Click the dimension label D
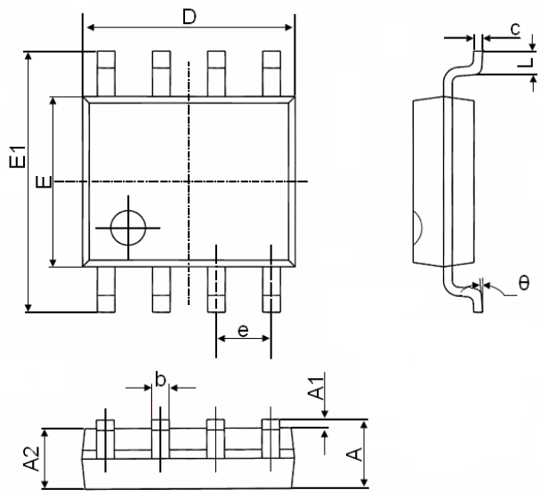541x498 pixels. [189, 17]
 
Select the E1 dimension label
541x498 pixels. [18, 157]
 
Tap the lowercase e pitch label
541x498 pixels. [243, 331]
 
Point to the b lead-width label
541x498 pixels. [160, 380]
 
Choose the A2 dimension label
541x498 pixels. [31, 459]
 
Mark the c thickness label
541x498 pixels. [515, 29]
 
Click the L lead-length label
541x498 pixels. [527, 63]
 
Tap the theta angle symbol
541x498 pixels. [524, 284]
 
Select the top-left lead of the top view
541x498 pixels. [106, 74]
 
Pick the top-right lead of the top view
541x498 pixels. [271, 74]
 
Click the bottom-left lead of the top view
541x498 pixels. [106, 290]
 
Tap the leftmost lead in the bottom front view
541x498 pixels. [105, 439]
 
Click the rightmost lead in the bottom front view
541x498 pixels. [270, 439]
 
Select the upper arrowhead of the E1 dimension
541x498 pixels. [28, 57]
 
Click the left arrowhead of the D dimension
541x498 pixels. [91, 28]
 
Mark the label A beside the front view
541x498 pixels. [355, 454]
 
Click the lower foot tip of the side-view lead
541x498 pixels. [478, 311]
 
